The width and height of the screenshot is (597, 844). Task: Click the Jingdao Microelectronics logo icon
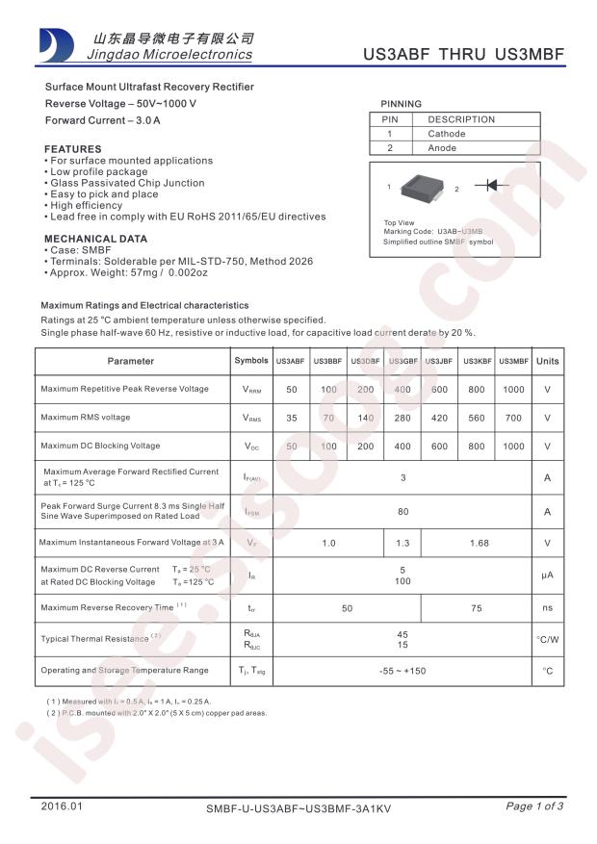(55, 43)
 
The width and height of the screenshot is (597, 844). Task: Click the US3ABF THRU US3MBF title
(462, 55)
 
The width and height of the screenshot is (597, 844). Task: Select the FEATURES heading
(73, 149)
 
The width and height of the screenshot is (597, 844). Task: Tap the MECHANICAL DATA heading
(96, 239)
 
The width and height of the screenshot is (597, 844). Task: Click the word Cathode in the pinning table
(447, 134)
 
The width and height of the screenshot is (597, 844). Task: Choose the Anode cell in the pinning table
(444, 148)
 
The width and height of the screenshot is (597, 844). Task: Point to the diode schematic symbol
(498, 186)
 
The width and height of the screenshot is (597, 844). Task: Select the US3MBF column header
(513, 361)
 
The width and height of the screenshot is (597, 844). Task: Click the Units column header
(547, 361)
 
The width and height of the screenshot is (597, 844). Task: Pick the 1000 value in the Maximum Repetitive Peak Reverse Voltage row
(513, 389)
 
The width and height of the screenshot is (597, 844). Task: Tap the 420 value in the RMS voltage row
(439, 418)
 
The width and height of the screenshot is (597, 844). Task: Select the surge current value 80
(402, 512)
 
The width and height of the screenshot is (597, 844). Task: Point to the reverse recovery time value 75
(477, 608)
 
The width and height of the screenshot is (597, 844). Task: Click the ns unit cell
(547, 608)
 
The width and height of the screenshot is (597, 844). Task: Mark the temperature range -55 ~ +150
(402, 670)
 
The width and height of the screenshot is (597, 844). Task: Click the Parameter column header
(131, 361)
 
